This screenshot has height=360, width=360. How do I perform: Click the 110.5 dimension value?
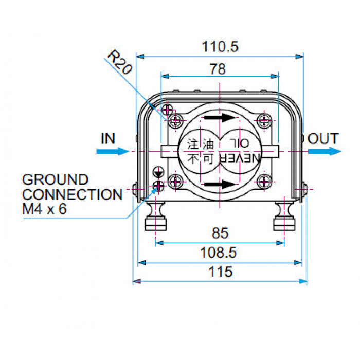tap(220, 47)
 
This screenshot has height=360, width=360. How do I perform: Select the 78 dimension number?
tap(218, 69)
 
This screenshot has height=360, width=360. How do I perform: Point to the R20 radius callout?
tap(120, 62)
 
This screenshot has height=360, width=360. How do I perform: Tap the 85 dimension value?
tap(220, 233)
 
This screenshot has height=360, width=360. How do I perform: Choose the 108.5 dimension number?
tap(219, 253)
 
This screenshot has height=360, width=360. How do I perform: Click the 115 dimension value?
tap(221, 272)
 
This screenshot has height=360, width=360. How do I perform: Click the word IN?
tap(108, 138)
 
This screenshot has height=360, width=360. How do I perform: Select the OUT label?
tap(323, 138)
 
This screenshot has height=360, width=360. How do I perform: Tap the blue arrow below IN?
tap(113, 151)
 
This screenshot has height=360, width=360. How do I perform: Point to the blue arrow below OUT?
tap(325, 151)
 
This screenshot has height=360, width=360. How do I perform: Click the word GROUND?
tap(55, 179)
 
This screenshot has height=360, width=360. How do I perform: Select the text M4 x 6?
tap(44, 209)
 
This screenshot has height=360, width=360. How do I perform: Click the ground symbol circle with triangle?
tap(158, 172)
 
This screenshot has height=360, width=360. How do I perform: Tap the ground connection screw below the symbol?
tap(158, 186)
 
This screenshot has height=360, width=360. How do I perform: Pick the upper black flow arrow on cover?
tap(220, 118)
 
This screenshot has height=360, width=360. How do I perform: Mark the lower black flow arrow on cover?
tap(220, 184)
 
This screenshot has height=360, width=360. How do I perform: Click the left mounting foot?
tap(156, 216)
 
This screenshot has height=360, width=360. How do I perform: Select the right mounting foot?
tap(284, 216)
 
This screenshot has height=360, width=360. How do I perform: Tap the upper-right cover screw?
tap(264, 120)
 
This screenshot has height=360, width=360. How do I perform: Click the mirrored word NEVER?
tap(240, 158)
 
